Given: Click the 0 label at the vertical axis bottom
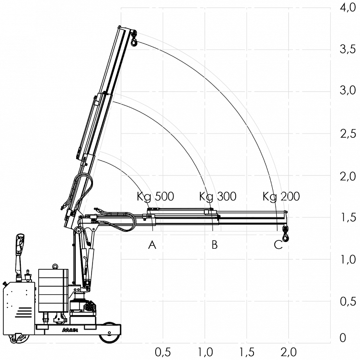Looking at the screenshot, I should point(343,338).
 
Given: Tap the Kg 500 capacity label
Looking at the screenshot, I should point(155,197).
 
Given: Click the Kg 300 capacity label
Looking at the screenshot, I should point(217,197).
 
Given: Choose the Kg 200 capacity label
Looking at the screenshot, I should point(281,197).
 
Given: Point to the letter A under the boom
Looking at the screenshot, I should point(152,245).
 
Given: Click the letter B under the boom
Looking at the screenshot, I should point(214,245).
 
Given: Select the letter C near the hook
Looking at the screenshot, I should point(278,245).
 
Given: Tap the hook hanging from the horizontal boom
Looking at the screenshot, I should point(286,234).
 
